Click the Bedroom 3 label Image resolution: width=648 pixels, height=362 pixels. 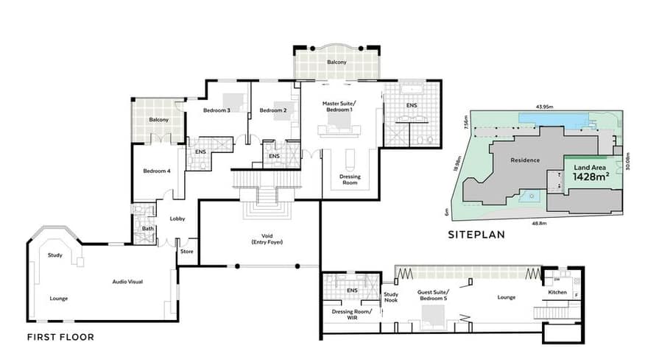(x=216, y=110)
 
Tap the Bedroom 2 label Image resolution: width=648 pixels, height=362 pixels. (x=272, y=110)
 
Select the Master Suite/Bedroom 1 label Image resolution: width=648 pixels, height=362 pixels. (x=339, y=107)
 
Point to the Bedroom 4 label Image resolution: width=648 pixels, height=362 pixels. (x=157, y=171)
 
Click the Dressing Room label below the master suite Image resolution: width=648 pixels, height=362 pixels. (x=350, y=180)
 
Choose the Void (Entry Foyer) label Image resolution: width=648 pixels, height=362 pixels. (x=267, y=239)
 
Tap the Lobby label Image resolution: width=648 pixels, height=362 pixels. (x=177, y=219)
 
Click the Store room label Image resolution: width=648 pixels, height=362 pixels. (x=187, y=252)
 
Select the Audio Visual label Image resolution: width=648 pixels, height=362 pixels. (x=127, y=282)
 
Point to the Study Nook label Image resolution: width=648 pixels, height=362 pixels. (x=390, y=297)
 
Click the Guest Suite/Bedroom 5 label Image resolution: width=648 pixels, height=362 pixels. (x=433, y=295)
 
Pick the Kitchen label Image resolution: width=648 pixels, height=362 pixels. (x=557, y=292)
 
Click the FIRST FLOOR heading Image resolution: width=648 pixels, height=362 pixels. (x=60, y=337)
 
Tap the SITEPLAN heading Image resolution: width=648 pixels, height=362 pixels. (x=476, y=235)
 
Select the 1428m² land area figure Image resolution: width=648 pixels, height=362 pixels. (x=591, y=177)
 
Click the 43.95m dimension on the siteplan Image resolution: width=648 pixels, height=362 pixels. (x=545, y=107)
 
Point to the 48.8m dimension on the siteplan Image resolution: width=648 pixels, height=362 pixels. (x=539, y=224)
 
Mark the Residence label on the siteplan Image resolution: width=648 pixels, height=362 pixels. (x=525, y=160)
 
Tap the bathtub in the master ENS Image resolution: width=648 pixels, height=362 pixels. (x=411, y=89)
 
